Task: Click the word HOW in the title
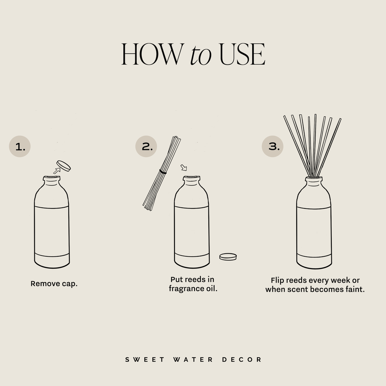click(x=151, y=55)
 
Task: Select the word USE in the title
click(x=242, y=55)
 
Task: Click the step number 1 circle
click(x=20, y=147)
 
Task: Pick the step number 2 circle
click(x=146, y=146)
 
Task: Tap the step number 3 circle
click(x=273, y=146)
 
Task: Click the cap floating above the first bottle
click(x=63, y=165)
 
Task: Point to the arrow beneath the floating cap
click(x=57, y=171)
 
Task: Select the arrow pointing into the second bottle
click(x=184, y=167)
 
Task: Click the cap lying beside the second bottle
click(x=228, y=257)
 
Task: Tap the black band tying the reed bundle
click(x=163, y=172)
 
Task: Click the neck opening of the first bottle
click(x=52, y=178)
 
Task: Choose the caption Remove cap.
click(x=54, y=283)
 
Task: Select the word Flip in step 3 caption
click(x=277, y=280)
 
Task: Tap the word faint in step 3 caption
click(x=355, y=290)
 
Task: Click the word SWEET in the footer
click(x=145, y=360)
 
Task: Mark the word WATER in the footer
click(x=193, y=360)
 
